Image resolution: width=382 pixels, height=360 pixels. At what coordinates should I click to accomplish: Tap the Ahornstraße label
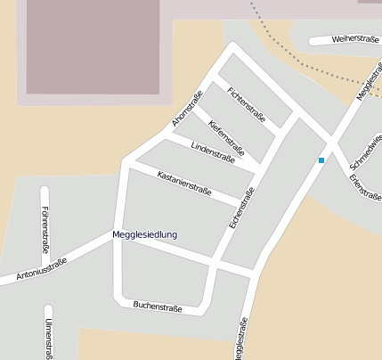tap(188, 107)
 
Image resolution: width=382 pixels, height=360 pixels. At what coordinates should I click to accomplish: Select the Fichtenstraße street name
tap(247, 103)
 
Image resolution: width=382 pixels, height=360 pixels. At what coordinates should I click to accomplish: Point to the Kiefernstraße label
tap(226, 133)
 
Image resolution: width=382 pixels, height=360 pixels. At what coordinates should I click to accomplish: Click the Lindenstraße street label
tap(212, 152)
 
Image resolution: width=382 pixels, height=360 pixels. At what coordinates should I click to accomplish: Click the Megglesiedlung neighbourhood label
tap(144, 234)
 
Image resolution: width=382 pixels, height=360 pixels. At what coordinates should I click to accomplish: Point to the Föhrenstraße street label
tap(45, 229)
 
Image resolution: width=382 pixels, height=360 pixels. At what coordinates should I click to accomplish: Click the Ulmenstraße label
tap(48, 339)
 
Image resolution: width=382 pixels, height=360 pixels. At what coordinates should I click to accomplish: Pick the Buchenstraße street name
tap(158, 307)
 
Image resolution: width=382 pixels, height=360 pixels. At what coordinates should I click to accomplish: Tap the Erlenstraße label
tap(360, 186)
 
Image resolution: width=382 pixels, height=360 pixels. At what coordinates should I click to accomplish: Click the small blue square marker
tap(321, 160)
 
